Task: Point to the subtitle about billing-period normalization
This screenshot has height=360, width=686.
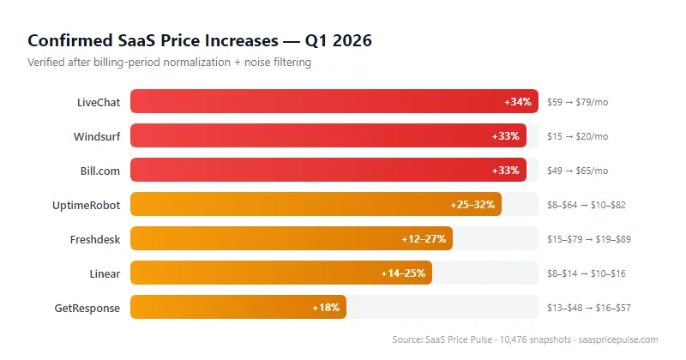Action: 169,62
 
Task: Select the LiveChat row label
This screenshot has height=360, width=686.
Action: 99,102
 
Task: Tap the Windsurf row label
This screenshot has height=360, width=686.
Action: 97,136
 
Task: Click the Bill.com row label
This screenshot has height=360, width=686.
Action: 99,171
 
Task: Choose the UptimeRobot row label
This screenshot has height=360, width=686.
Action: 87,205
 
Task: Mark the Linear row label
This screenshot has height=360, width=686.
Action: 104,273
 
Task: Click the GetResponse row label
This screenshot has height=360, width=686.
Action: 87,308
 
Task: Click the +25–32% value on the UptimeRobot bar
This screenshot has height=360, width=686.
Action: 472,205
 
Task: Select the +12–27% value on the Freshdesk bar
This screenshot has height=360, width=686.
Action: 424,239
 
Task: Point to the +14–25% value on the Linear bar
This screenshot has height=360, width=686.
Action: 403,273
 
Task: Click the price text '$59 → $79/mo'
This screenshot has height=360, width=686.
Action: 577,102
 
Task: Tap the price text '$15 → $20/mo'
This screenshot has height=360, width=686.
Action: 577,136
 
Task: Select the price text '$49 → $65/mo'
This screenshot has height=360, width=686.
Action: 577,171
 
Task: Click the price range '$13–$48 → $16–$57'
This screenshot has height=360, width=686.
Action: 589,308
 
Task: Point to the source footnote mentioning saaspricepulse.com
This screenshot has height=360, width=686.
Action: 525,340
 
